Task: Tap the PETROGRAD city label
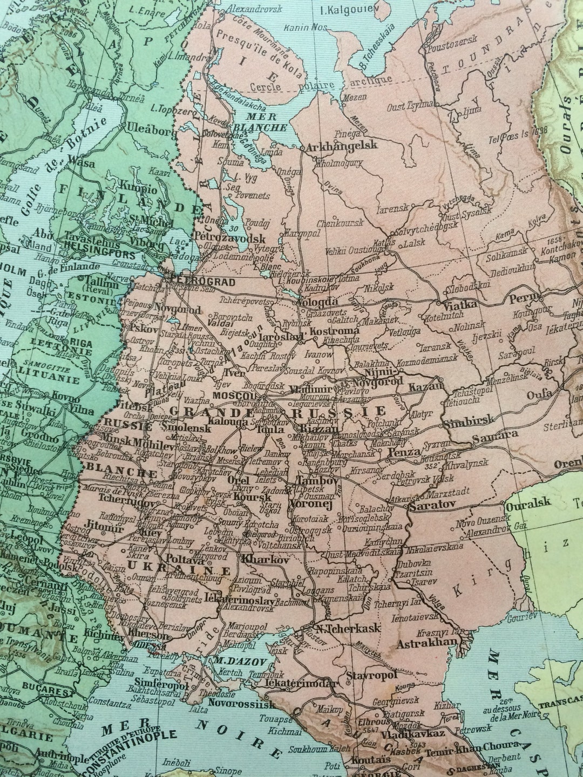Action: coord(202,282)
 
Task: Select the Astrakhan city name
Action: coord(426,644)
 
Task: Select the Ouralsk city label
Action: coord(528,502)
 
